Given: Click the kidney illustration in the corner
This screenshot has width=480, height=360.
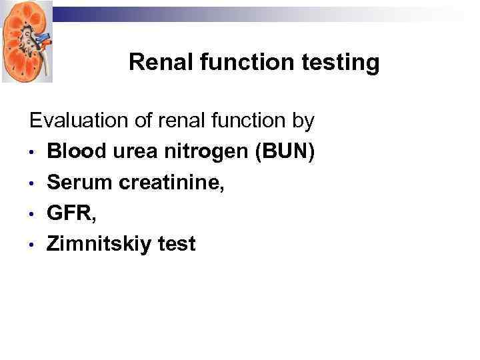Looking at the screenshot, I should click(x=27, y=41).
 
